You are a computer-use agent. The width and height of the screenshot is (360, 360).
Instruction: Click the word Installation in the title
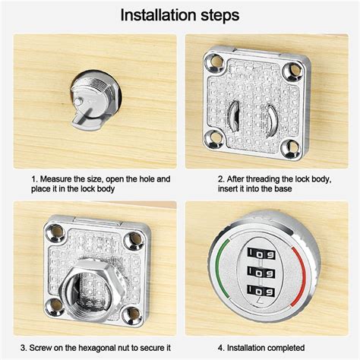[x=155, y=14]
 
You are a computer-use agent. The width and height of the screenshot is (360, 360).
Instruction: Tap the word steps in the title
[x=216, y=15]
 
